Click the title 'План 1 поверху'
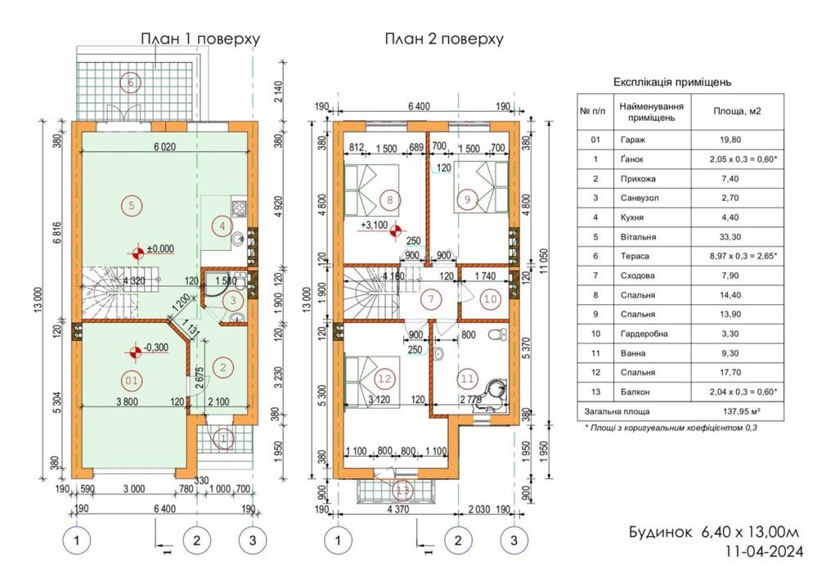tap(200, 39)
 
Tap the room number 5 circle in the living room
tap(132, 205)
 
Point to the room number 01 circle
tap(132, 380)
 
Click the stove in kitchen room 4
tap(239, 208)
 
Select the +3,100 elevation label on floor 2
tap(374, 226)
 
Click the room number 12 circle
tap(384, 379)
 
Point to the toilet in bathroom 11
tap(498, 334)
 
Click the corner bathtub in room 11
tap(495, 394)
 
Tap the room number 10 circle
tap(491, 299)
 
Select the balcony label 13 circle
tap(402, 491)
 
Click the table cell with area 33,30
tap(730, 237)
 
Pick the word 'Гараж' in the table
tap(632, 140)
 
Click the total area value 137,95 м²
tap(741, 411)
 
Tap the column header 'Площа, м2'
tap(738, 111)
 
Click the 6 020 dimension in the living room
tap(164, 146)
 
